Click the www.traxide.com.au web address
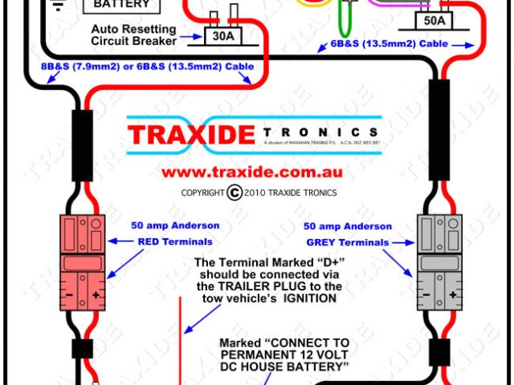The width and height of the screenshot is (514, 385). point(252,172)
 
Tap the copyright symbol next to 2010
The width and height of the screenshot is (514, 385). point(235,192)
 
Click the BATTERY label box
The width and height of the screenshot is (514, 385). point(121,5)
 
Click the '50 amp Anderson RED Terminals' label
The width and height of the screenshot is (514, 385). point(175,233)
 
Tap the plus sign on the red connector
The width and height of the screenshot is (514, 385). point(95,294)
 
